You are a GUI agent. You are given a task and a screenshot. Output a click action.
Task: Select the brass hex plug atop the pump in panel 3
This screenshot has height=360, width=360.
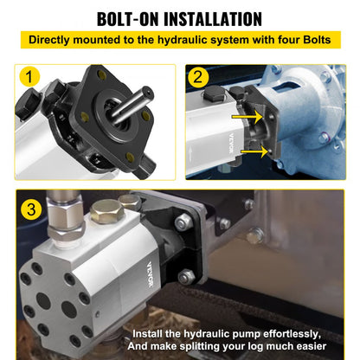106,212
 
